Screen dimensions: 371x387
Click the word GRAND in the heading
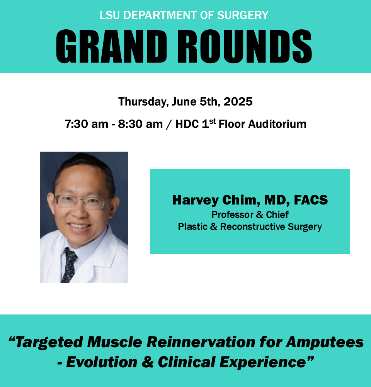coord(111,46)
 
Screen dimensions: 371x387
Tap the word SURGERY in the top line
coord(243,15)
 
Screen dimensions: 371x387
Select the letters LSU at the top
coord(110,15)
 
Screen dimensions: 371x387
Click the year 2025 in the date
coord(238,102)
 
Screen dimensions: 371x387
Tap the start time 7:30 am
coord(87,124)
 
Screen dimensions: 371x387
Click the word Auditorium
coord(277,124)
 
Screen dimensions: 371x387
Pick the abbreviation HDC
coord(187,124)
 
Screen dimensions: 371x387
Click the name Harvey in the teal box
coord(195,200)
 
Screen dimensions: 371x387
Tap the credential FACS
coord(311,200)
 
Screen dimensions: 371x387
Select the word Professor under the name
coord(232,215)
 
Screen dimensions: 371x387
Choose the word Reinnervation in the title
coord(201,342)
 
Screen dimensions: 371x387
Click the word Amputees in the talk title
coord(325,343)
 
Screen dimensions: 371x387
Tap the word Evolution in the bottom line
coord(102,362)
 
